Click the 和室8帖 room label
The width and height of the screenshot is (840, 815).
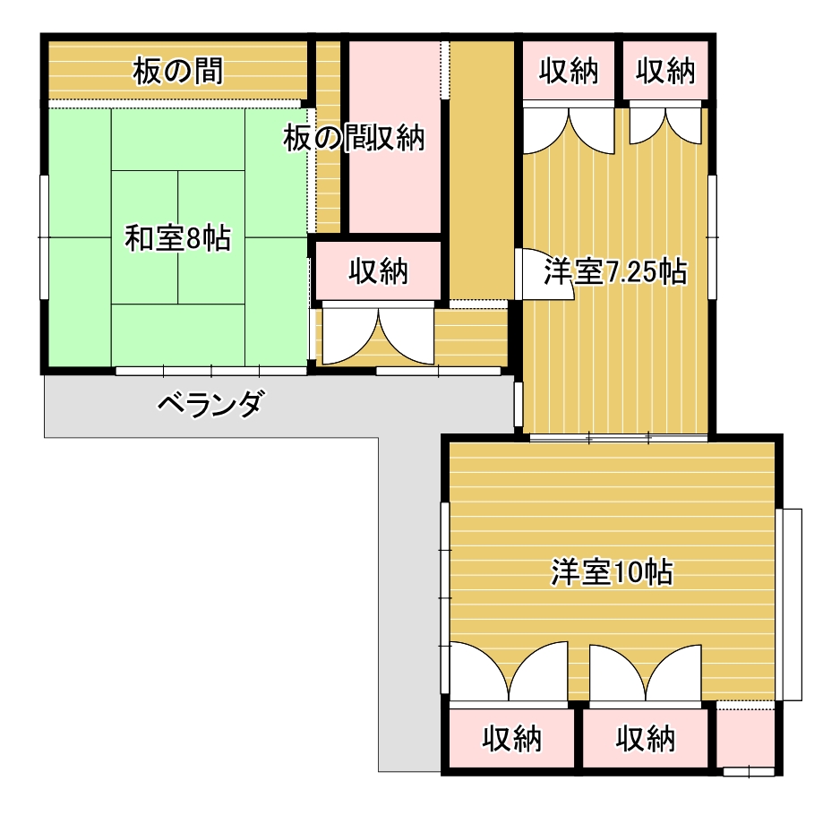pyautogui.click(x=177, y=238)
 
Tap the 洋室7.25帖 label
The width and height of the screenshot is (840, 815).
pyautogui.click(x=615, y=270)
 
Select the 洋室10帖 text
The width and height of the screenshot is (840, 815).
pyautogui.click(x=612, y=571)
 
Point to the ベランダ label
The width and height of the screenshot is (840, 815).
pyautogui.click(x=210, y=405)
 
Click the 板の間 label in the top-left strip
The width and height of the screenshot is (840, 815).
pyautogui.click(x=177, y=71)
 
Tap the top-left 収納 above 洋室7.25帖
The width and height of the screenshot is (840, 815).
pyautogui.click(x=569, y=71)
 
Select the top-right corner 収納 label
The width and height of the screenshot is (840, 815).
pyautogui.click(x=665, y=71)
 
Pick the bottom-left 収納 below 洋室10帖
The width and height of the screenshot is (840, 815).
pyautogui.click(x=512, y=739)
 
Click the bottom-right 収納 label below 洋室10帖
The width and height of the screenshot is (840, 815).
pyautogui.click(x=646, y=739)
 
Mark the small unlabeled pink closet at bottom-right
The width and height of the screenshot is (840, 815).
pyautogui.click(x=745, y=736)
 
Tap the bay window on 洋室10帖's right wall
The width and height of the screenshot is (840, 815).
pyautogui.click(x=790, y=604)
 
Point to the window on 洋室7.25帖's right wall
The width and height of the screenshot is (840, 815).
pyautogui.click(x=713, y=236)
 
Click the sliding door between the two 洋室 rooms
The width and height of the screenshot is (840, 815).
pyautogui.click(x=618, y=438)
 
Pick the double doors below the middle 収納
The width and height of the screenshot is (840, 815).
pyautogui.click(x=379, y=336)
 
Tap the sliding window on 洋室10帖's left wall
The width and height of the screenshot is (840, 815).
pyautogui.click(x=444, y=598)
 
